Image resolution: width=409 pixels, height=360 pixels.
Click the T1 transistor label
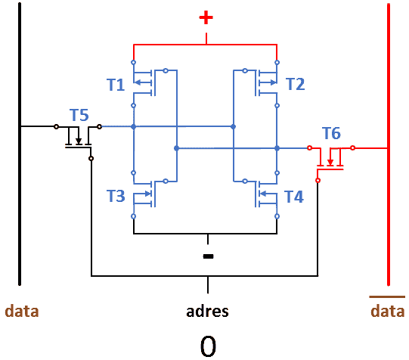coord(116,85)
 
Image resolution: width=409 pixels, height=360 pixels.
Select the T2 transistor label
coord(296,84)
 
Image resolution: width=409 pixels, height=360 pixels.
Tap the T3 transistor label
coord(116,196)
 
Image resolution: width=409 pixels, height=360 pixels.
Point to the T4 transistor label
coord(294,197)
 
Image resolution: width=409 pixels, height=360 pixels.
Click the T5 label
coord(79,115)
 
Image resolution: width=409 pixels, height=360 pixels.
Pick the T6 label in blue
coord(331,133)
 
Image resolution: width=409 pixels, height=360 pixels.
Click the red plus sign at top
coord(206,17)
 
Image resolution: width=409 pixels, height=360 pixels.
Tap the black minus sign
coord(208,256)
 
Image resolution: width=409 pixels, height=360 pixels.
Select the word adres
coord(207,311)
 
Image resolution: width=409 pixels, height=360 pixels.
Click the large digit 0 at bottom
coord(208,346)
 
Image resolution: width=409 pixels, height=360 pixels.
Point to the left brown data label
coord(22,311)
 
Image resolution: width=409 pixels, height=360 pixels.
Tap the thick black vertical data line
coord(20,144)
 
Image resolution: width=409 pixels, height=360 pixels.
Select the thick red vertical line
coord(389,144)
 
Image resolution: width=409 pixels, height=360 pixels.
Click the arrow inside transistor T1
coord(142,82)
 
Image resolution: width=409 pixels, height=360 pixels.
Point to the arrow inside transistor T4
coord(268,194)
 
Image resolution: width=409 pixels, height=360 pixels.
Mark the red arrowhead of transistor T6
coord(330,163)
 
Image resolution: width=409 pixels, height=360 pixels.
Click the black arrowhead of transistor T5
coord(79,141)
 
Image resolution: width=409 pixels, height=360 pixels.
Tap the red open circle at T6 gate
coord(318,180)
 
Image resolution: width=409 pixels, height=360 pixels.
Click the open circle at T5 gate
coord(91,158)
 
